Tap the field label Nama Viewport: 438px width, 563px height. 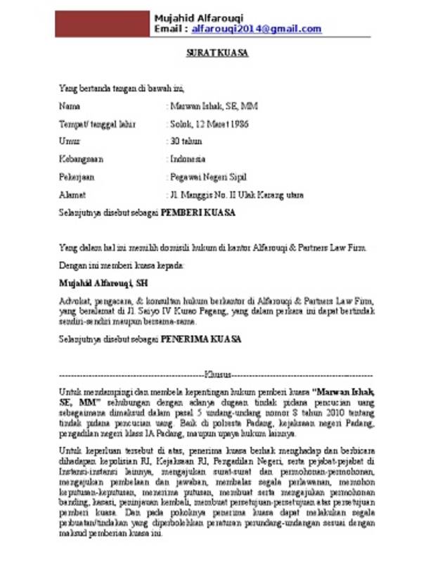click(x=69, y=106)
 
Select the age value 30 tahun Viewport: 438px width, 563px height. click(x=187, y=141)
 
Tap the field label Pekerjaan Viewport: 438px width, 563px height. click(x=77, y=177)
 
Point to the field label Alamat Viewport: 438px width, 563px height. click(x=72, y=194)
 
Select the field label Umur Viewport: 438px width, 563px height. click(x=69, y=141)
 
